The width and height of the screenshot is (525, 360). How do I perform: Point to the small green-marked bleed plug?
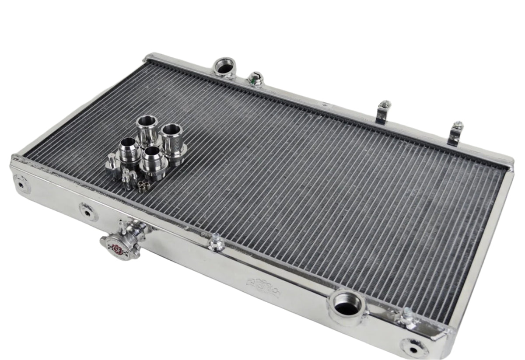click(254, 79)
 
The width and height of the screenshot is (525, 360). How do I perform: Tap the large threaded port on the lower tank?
click(347, 304)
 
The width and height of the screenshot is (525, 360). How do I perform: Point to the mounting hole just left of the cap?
click(88, 212)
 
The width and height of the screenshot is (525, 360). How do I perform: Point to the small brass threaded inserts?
click(141, 187)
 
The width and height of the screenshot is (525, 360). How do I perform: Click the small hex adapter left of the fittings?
click(112, 165)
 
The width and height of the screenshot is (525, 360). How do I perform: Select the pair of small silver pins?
click(126, 179)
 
